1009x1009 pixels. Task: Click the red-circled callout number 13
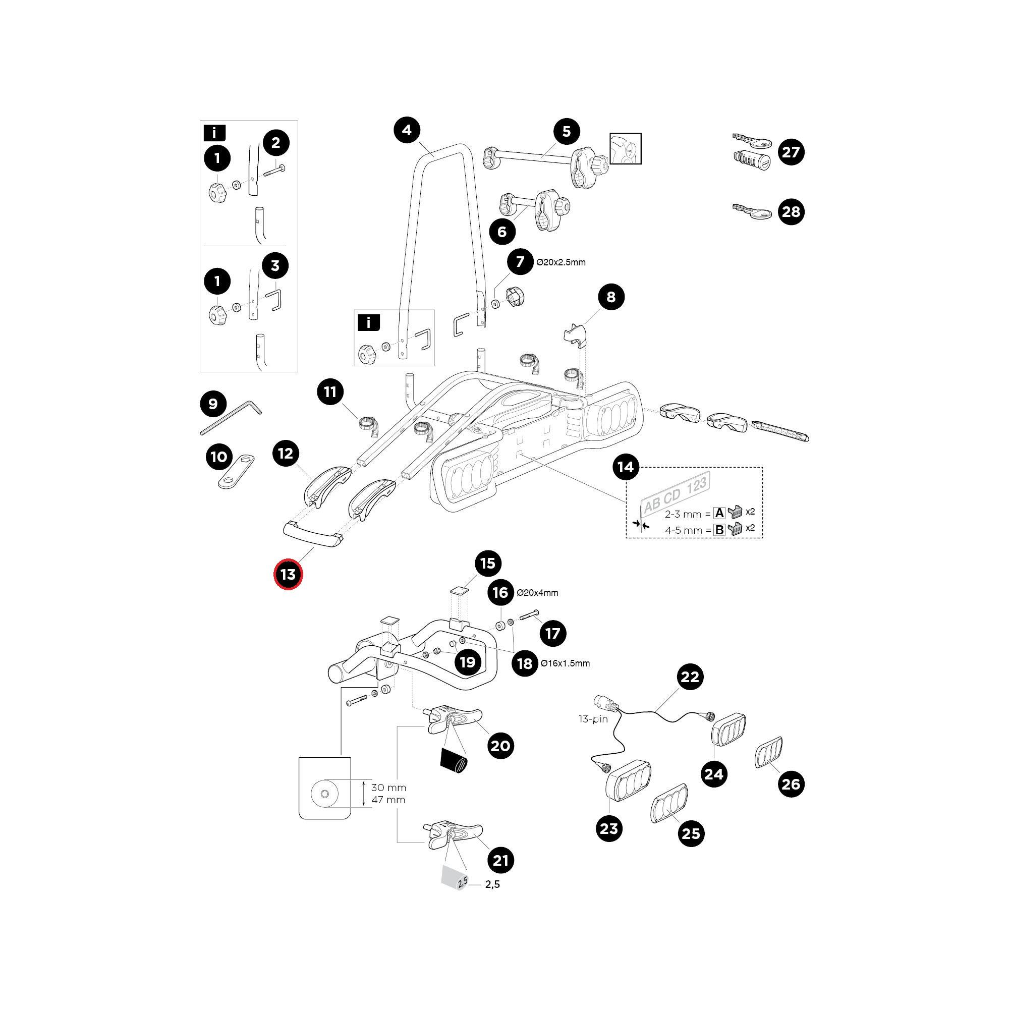click(x=288, y=575)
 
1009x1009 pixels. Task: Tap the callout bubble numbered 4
click(x=407, y=130)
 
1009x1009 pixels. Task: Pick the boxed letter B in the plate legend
click(x=719, y=530)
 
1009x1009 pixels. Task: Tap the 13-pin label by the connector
click(x=593, y=719)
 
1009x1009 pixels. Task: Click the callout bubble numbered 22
click(x=690, y=677)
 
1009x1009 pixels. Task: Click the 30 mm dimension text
click(x=388, y=787)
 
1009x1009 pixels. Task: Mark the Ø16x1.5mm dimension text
click(x=566, y=663)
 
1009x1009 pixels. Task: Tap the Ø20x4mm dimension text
click(x=537, y=593)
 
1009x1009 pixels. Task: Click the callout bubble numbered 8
click(x=610, y=297)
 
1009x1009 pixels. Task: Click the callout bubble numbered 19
click(x=468, y=662)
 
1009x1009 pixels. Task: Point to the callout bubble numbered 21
click(x=500, y=860)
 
